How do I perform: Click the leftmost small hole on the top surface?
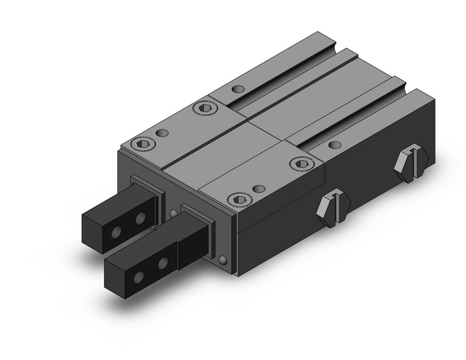pyautogui.click(x=162, y=132)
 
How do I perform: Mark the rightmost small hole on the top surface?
pyautogui.click(x=335, y=145)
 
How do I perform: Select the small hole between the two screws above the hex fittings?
pyautogui.click(x=259, y=189)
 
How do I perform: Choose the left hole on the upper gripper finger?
pyautogui.click(x=117, y=232)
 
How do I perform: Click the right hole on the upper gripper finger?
pyautogui.click(x=142, y=218)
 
